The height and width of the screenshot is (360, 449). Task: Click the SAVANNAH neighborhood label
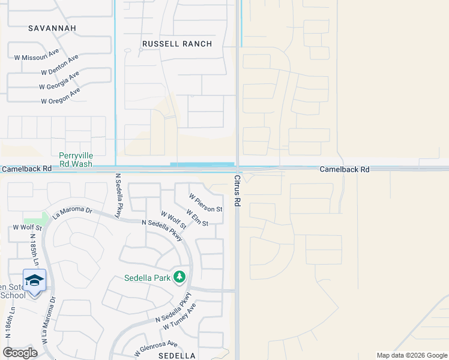tap(52, 28)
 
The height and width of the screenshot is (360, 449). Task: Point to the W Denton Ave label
tap(60, 65)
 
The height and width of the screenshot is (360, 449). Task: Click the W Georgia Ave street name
tap(59, 81)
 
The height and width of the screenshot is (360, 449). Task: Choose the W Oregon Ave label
tap(61, 96)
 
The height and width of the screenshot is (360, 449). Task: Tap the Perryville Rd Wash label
tap(76, 160)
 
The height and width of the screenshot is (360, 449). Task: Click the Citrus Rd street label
tap(237, 191)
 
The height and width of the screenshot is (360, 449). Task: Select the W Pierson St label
tap(205, 203)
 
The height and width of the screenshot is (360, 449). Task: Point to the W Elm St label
tap(197, 218)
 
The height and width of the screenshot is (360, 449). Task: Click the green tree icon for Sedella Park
tap(179, 277)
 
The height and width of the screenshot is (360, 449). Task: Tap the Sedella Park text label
tap(147, 278)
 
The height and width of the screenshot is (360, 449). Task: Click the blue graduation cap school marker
tap(34, 280)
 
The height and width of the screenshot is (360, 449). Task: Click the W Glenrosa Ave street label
tap(155, 349)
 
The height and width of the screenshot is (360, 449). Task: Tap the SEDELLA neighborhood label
tap(176, 355)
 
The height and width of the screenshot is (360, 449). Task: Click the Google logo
tap(20, 352)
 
